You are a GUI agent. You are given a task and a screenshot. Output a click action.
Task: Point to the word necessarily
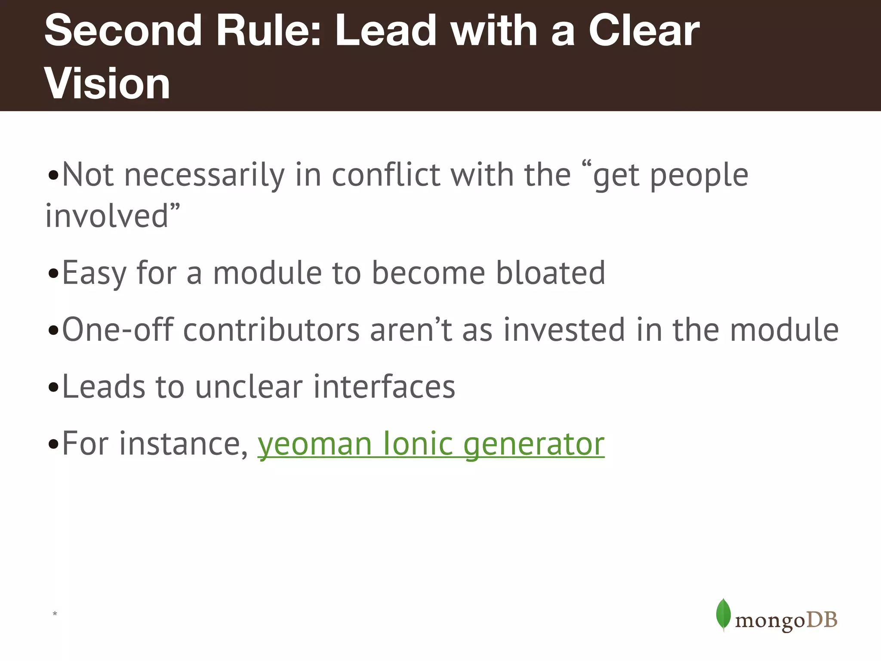click(x=204, y=176)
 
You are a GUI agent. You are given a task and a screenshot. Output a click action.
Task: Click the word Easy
click(x=94, y=273)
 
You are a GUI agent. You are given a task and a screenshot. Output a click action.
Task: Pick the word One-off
click(x=117, y=330)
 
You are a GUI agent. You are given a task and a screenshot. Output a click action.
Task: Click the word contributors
click(x=271, y=330)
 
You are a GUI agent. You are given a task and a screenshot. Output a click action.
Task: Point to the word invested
click(x=564, y=330)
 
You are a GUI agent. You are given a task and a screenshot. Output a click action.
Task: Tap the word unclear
click(x=249, y=386)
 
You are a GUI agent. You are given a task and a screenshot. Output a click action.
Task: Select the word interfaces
click(x=384, y=386)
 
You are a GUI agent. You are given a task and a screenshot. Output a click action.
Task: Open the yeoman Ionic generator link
click(x=431, y=444)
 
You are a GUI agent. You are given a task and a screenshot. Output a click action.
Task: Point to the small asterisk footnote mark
click(x=55, y=614)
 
